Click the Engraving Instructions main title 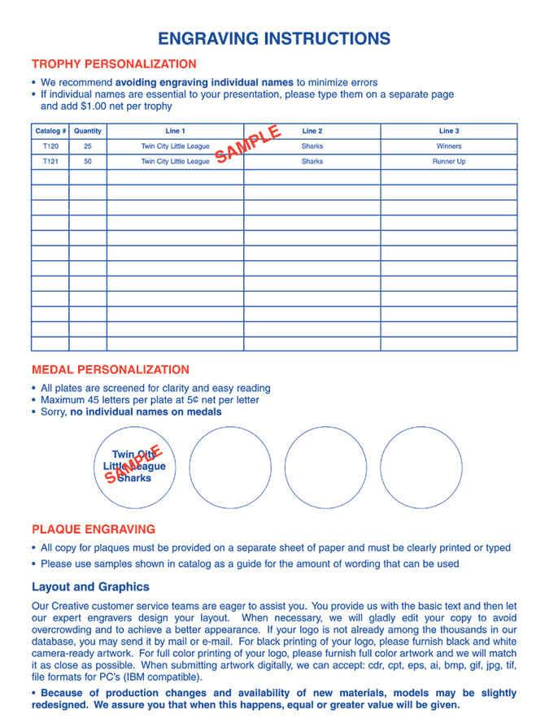273,38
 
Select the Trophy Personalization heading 114,64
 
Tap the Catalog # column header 50,131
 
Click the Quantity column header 87,131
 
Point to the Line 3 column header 448,131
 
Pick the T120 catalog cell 50,146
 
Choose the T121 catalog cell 50,162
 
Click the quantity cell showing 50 87,162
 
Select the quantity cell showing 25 87,146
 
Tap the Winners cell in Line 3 448,146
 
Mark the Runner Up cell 448,162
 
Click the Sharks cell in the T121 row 312,162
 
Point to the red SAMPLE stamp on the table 247,143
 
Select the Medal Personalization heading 110,369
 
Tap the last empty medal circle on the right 421,467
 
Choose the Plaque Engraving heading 93,529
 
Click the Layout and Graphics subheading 90,586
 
